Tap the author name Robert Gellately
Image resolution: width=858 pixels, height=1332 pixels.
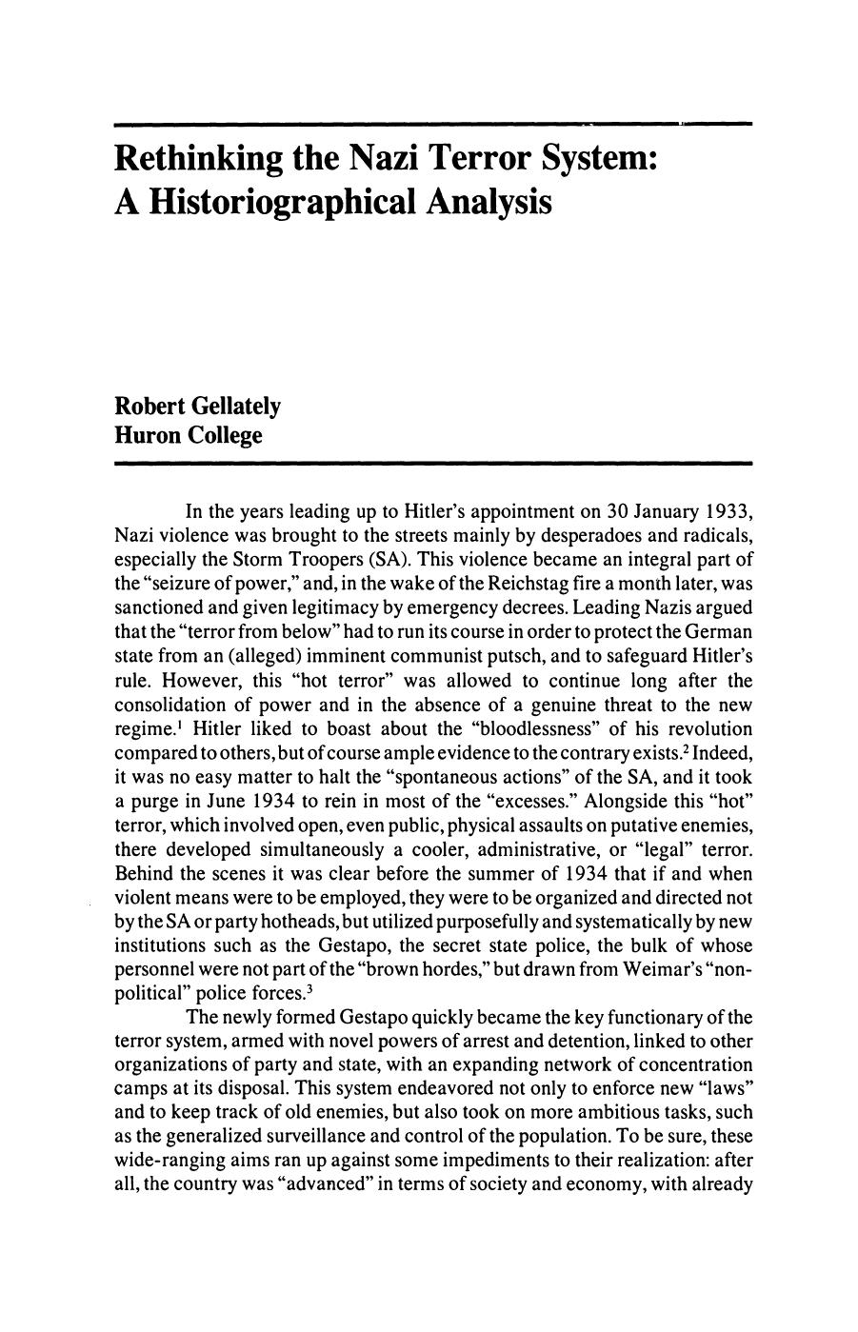(197, 407)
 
